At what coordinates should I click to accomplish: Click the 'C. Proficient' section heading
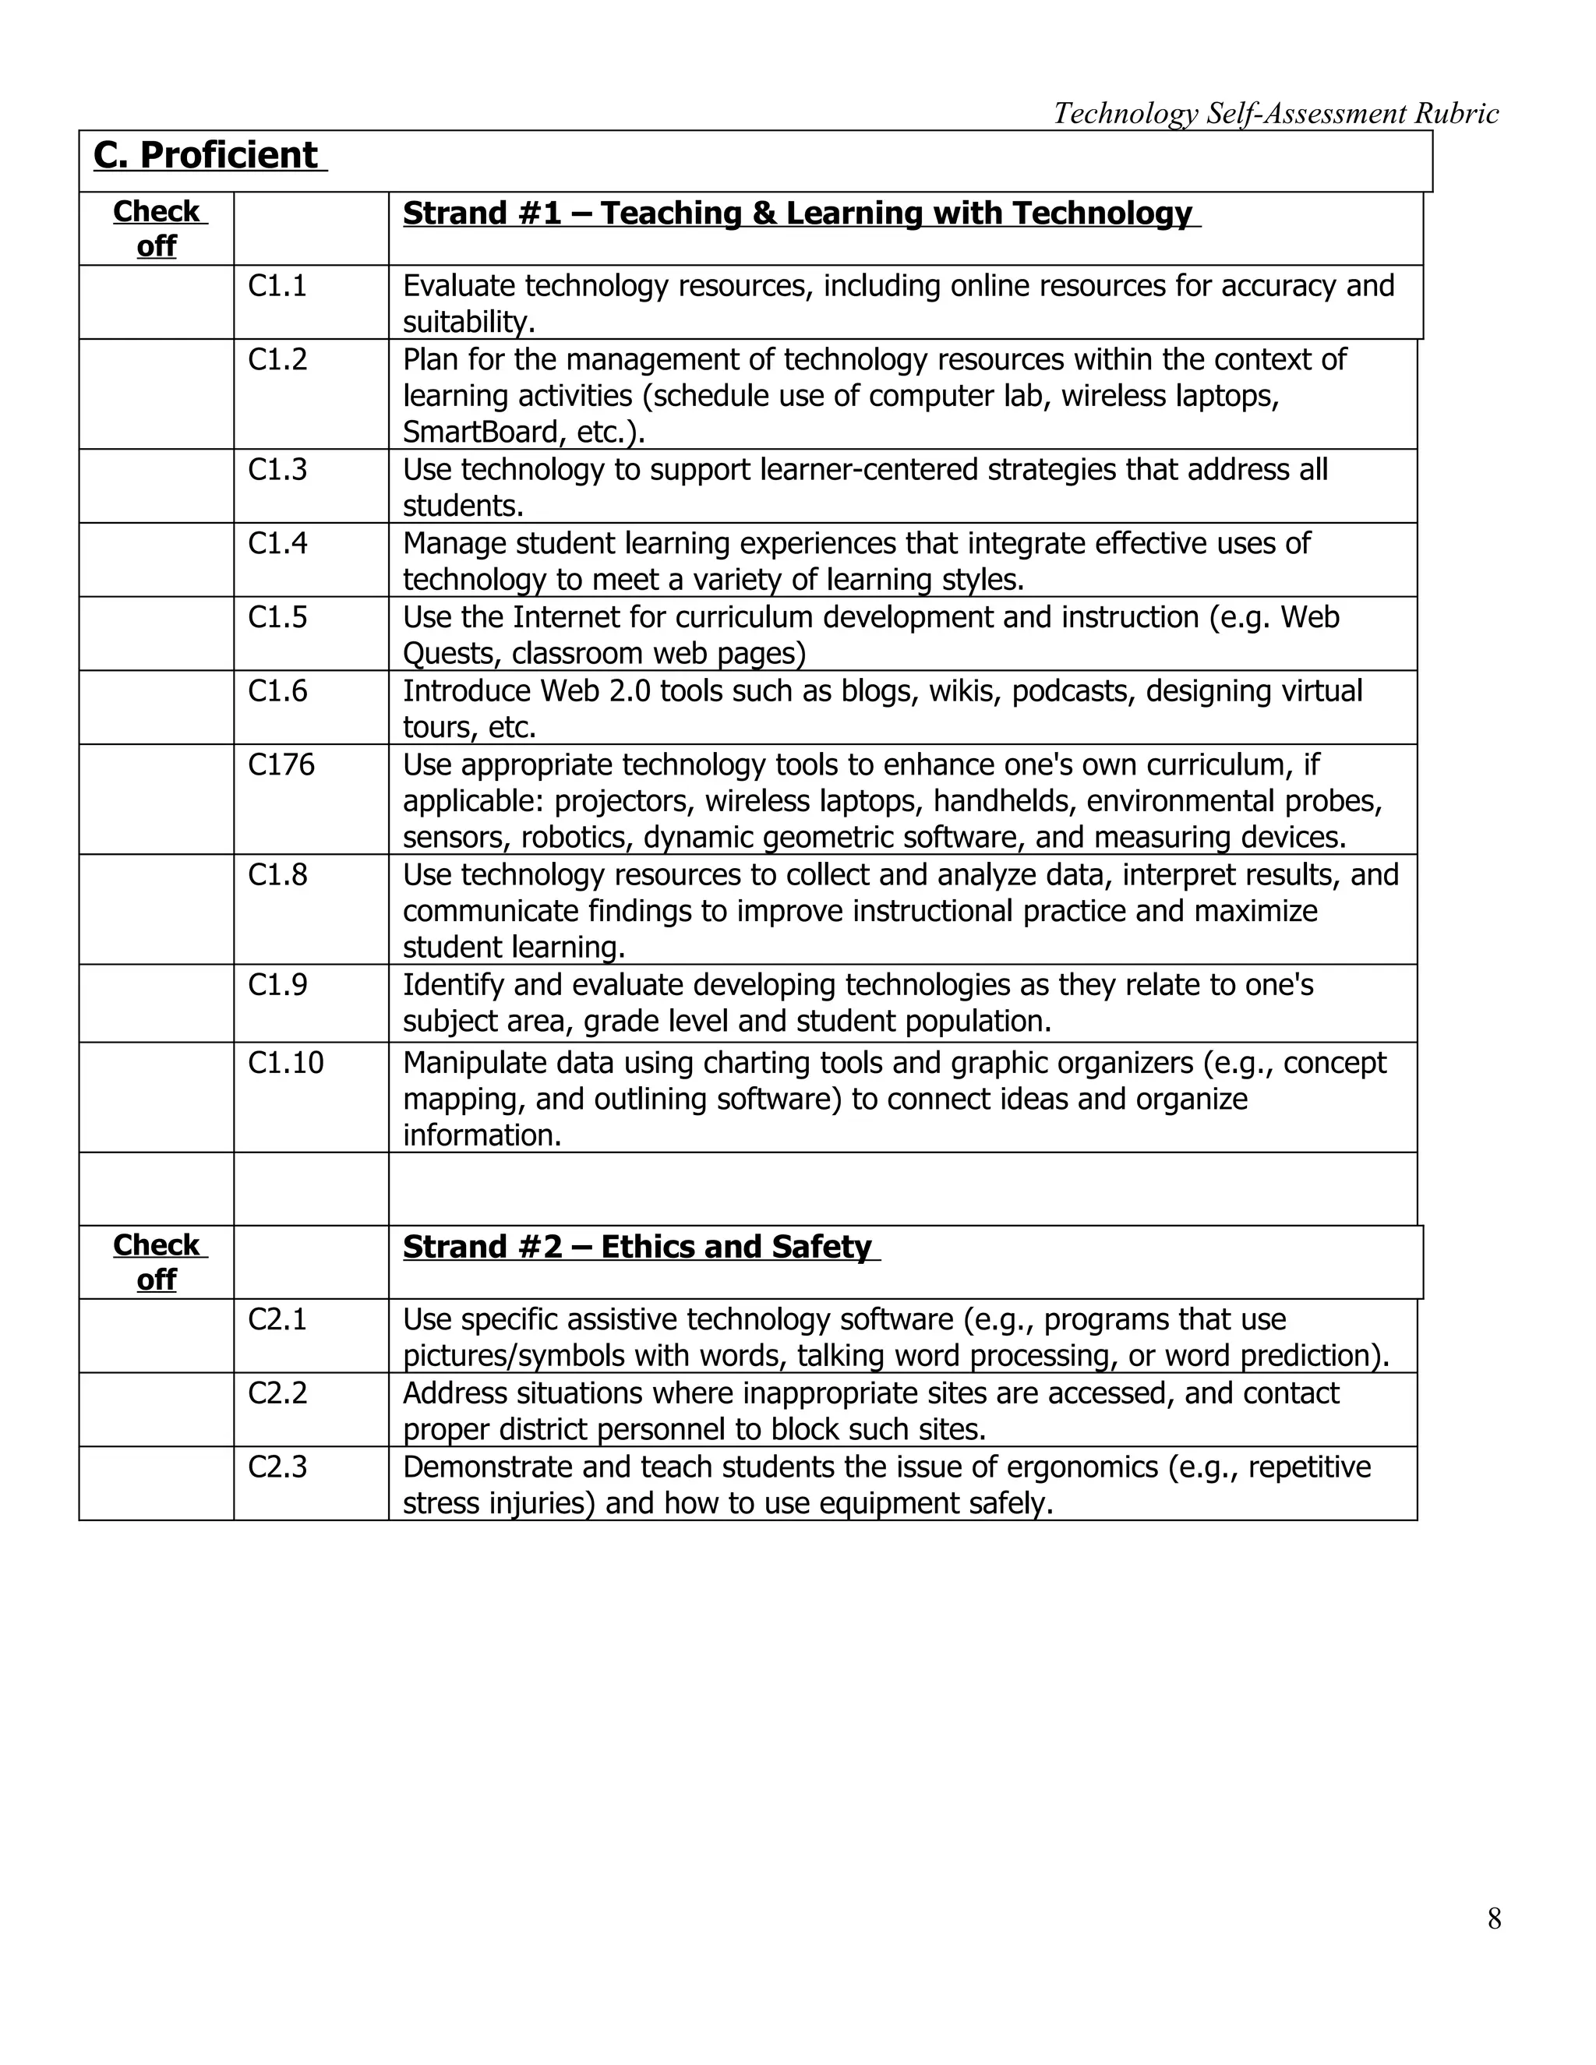pos(206,156)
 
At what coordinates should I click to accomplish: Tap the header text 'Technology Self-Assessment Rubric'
pos(1276,114)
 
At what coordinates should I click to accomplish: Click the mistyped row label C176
pos(281,765)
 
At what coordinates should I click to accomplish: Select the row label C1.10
pos(285,1063)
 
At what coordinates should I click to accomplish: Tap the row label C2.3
pos(277,1467)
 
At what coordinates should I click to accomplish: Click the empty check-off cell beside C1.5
pos(156,634)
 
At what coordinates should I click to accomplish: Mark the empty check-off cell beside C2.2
pos(156,1410)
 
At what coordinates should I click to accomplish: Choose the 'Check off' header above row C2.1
pos(156,1262)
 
